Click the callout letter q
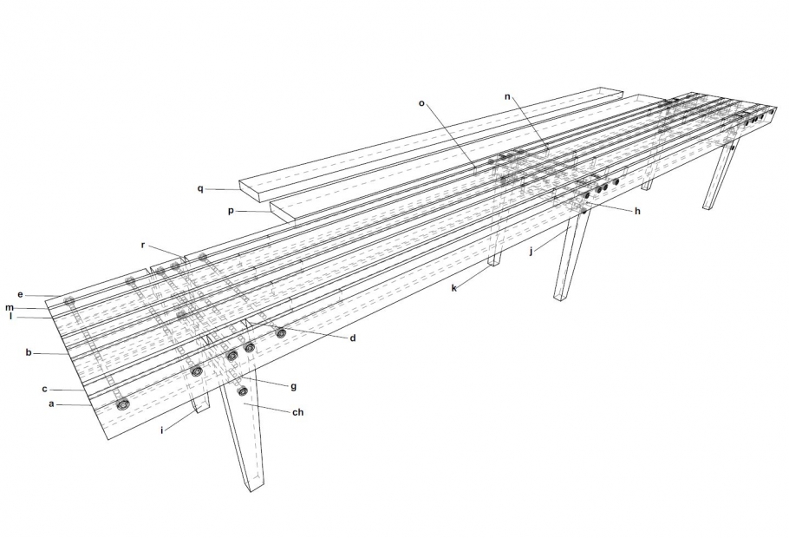click(200, 189)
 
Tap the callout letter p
click(231, 211)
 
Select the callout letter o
click(421, 103)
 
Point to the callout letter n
click(508, 96)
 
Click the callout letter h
click(637, 211)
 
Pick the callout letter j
click(531, 251)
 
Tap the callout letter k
click(453, 288)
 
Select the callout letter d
click(353, 338)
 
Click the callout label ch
click(298, 412)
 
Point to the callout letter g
click(293, 387)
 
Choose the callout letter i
click(162, 430)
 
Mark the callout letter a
click(51, 404)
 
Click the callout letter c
click(44, 389)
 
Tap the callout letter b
click(29, 352)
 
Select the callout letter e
click(20, 295)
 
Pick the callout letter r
click(143, 246)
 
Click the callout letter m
click(10, 308)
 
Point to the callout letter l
click(10, 317)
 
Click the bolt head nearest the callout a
click(121, 404)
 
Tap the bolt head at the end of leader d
click(280, 332)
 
